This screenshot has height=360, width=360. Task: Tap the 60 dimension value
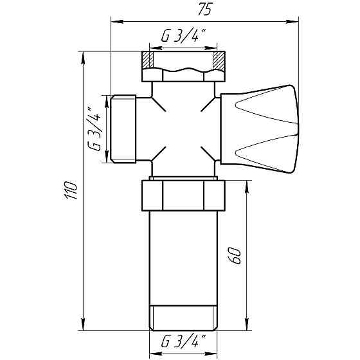235,255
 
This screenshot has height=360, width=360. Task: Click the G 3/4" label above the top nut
181,37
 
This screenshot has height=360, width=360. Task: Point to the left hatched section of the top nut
148,62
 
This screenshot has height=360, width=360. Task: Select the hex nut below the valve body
184,195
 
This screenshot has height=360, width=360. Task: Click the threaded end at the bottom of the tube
184,318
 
